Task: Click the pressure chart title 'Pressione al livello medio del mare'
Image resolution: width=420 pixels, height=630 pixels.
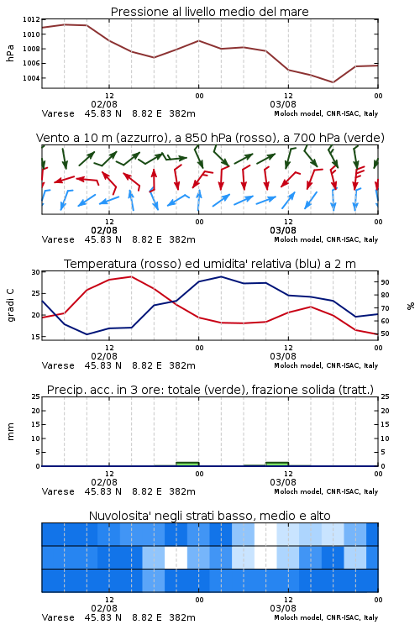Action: [209, 12]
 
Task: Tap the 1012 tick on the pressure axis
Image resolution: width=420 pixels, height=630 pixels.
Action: [31, 19]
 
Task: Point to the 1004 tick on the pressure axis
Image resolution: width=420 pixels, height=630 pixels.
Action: [31, 78]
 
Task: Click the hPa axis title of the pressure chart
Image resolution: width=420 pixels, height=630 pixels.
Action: [10, 53]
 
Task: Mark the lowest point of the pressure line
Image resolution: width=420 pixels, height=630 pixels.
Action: [333, 82]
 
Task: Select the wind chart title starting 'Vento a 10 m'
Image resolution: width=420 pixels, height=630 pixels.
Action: [210, 138]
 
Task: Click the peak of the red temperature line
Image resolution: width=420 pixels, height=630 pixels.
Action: [131, 276]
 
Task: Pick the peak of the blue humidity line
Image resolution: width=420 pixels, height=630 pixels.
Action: [221, 276]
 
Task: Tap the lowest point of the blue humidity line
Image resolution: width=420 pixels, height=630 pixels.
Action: [87, 334]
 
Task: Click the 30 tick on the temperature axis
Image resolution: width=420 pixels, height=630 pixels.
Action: [36, 272]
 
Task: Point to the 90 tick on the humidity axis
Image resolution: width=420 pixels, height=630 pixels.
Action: [385, 282]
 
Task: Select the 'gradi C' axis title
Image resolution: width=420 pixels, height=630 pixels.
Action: [10, 306]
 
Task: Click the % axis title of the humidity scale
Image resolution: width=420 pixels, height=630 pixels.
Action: [411, 306]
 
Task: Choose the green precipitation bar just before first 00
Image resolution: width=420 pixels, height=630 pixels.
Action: [187, 464]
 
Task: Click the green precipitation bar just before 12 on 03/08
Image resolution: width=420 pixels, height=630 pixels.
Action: [277, 464]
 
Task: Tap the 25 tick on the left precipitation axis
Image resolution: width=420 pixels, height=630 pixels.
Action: [36, 396]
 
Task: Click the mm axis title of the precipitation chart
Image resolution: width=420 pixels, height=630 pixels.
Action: [10, 432]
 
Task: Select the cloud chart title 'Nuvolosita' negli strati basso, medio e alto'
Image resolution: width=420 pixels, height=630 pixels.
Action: [209, 516]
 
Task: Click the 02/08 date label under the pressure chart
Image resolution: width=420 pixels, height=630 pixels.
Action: [104, 104]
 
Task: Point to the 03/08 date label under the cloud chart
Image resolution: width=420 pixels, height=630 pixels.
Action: [283, 608]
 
